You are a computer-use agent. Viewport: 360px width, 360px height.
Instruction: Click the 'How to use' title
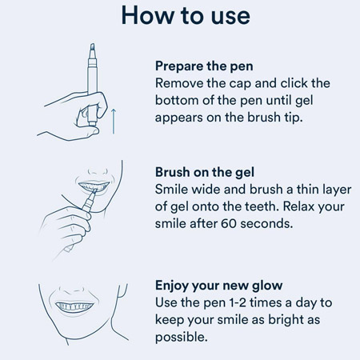[186, 15]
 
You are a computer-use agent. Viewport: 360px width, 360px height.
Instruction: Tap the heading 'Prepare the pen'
[204, 66]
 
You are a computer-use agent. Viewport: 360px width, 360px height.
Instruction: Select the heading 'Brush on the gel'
[205, 172]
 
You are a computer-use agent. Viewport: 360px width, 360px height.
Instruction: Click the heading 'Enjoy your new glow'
[218, 286]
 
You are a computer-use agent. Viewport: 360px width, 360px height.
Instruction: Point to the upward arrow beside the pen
[114, 121]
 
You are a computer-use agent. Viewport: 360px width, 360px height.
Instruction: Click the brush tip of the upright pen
[92, 48]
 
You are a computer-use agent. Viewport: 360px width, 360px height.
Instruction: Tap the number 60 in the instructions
[229, 223]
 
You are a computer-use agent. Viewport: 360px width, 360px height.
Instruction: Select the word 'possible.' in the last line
[182, 338]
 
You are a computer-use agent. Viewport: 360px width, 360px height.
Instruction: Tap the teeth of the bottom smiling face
[74, 306]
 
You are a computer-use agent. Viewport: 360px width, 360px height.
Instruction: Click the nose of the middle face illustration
[98, 170]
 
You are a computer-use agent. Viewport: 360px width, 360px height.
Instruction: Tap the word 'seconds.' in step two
[266, 223]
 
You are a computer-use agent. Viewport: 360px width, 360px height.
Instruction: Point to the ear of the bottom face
[122, 290]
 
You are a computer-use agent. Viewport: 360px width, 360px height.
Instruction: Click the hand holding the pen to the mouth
[66, 226]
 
